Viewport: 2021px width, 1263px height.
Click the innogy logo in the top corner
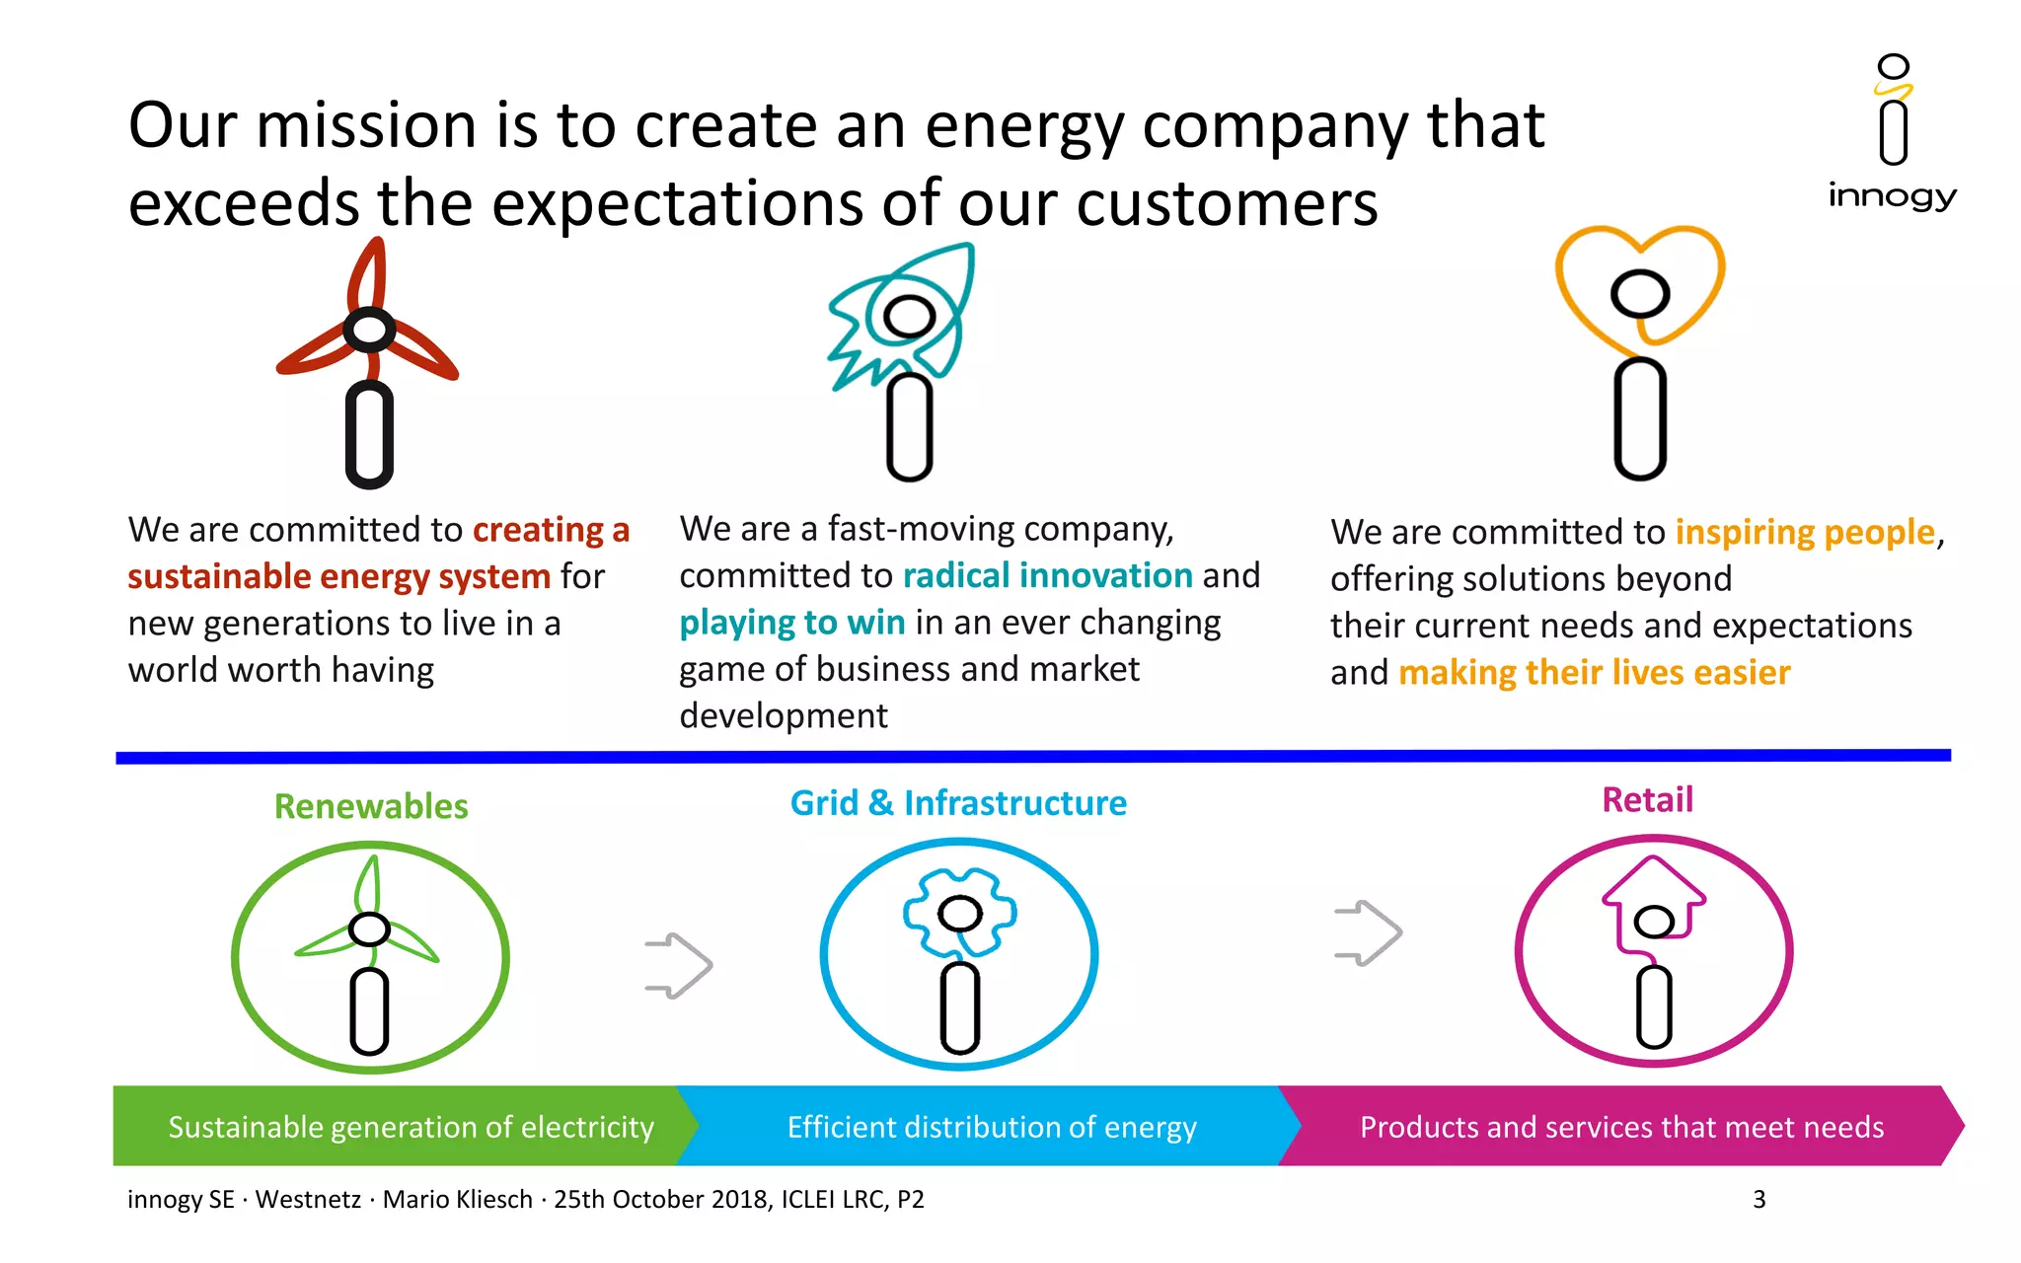(1892, 133)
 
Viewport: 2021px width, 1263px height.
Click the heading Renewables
(371, 806)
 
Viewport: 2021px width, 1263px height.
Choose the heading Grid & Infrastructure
(958, 803)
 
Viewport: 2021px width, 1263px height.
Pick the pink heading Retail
(1647, 799)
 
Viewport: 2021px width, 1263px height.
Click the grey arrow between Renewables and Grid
(679, 965)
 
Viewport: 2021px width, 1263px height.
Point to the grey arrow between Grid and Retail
(1368, 932)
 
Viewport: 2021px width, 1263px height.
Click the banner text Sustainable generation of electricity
(411, 1127)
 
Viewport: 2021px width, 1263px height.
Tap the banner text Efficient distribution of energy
(992, 1127)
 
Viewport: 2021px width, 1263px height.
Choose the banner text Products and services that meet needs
(1621, 1127)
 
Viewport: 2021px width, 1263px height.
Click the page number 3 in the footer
(1759, 1199)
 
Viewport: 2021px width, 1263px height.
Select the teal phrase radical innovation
(1048, 575)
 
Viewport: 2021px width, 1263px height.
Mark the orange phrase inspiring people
(1805, 532)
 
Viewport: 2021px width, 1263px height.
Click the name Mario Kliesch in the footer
(457, 1199)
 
